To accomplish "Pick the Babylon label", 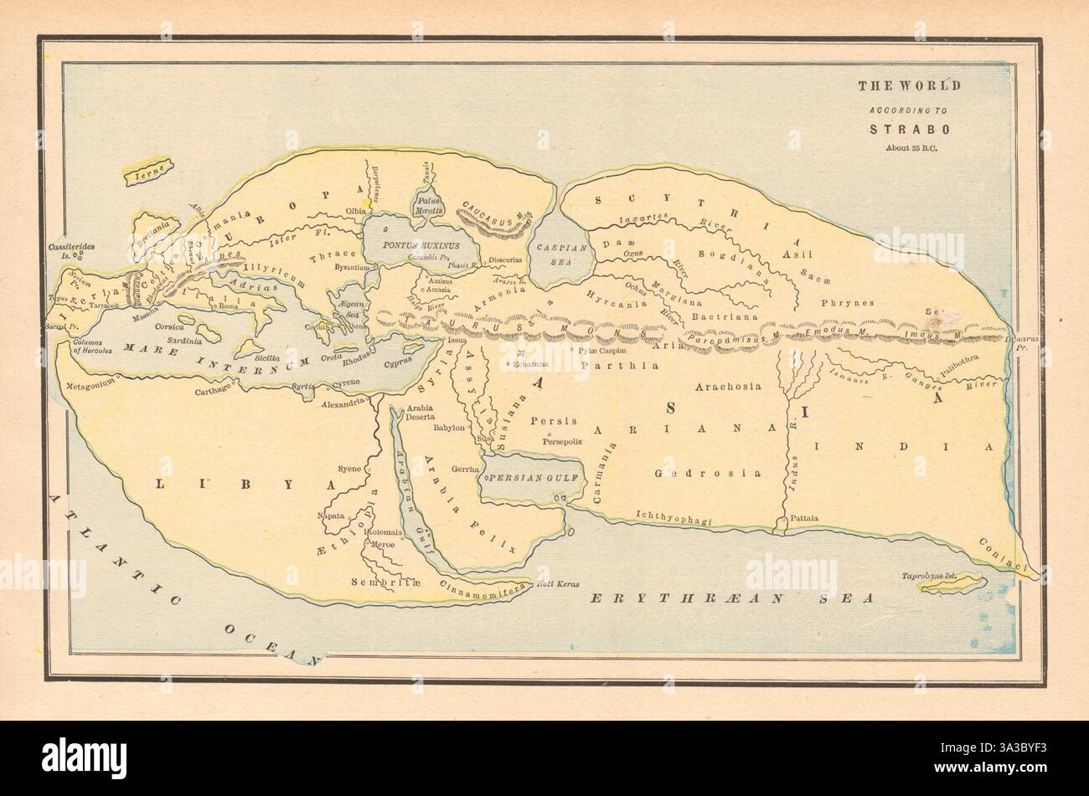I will coord(449,427).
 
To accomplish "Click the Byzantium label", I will coord(349,267).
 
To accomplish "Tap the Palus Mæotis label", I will coord(427,207).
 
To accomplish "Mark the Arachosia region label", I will coord(728,387).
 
